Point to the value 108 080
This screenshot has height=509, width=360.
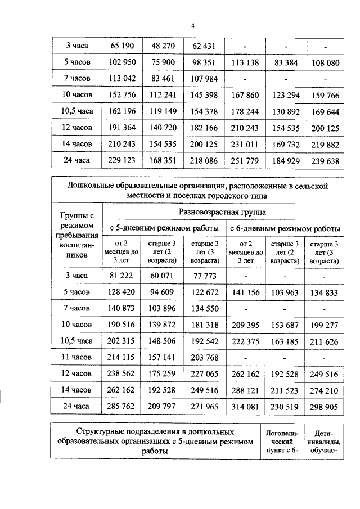[x=325, y=61]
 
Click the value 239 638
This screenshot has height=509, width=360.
[x=325, y=161]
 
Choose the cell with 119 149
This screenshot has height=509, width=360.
[x=163, y=111]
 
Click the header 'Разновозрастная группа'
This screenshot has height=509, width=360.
[x=222, y=212]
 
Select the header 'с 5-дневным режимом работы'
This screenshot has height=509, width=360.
[x=164, y=229]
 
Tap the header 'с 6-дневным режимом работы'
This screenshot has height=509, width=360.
[x=284, y=229]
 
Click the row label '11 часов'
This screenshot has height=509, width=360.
[x=76, y=358]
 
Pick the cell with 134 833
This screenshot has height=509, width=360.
[x=325, y=292]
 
